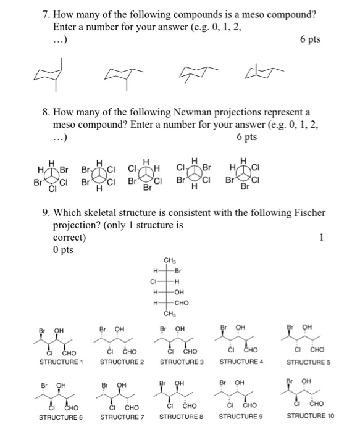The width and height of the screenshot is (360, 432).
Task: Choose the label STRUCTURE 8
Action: [182, 418]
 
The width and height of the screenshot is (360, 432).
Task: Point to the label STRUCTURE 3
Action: [182, 362]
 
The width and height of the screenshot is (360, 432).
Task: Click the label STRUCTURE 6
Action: [61, 418]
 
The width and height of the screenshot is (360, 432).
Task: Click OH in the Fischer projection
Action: [180, 292]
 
